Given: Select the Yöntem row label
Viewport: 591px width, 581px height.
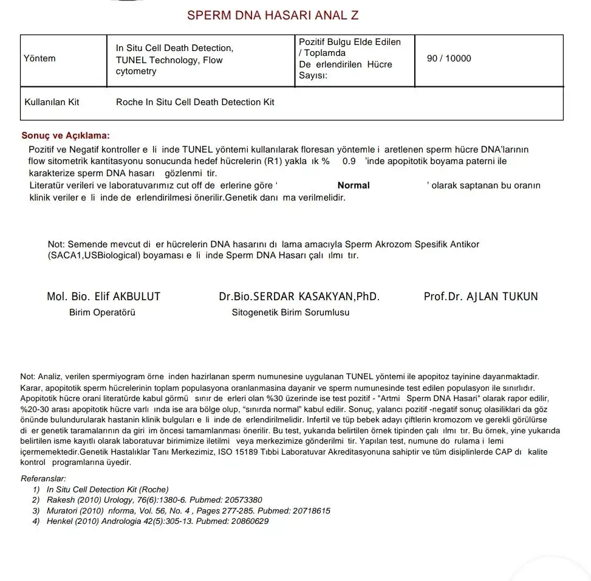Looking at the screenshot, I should pos(39,58).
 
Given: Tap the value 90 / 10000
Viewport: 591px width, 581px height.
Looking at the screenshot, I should pos(449,58).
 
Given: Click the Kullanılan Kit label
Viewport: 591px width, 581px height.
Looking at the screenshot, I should pos(52,102).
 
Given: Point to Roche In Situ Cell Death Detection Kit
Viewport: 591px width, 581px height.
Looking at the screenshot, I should pos(195,102).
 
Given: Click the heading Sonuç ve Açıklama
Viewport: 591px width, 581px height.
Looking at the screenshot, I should pos(66,136).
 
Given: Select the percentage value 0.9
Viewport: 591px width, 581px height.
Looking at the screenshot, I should pos(349,161).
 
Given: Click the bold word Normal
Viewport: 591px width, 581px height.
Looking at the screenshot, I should pos(354,185).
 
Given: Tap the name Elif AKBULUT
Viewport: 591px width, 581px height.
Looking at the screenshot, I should pos(128,297).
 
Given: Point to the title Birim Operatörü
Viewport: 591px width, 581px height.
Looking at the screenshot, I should pos(102,312).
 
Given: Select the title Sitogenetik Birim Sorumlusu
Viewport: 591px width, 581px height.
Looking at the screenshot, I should pos(290,312).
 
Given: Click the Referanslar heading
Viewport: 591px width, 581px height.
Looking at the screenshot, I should pos(43,479).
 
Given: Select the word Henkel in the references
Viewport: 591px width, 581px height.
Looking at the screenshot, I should pos(60,521).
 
